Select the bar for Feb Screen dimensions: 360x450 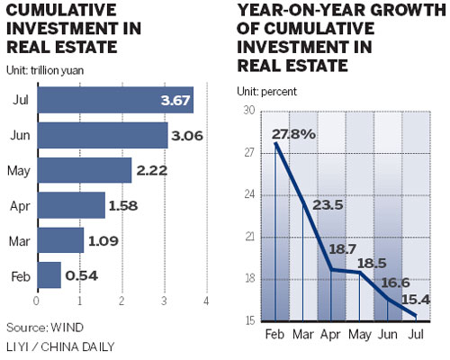click(x=48, y=274)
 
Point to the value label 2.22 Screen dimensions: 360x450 click(x=150, y=170)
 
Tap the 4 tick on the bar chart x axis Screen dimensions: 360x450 click(x=206, y=301)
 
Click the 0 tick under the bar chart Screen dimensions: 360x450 click(x=36, y=301)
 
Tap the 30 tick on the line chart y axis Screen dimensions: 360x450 click(x=249, y=111)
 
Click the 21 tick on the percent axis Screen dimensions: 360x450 click(x=249, y=237)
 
